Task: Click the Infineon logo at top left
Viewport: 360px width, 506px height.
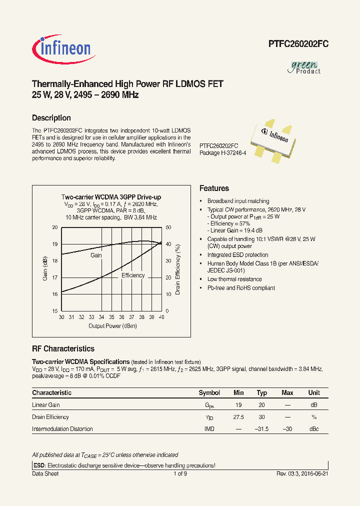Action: [x=61, y=48]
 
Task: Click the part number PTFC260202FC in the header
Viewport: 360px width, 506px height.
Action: [x=298, y=44]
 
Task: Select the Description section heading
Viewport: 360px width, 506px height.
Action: [x=51, y=118]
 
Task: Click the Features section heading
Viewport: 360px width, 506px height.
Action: [x=214, y=188]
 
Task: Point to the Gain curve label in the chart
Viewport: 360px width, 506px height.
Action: [x=96, y=255]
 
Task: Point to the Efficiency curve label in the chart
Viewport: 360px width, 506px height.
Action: [x=133, y=275]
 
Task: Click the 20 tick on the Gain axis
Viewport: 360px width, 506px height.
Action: [x=54, y=227]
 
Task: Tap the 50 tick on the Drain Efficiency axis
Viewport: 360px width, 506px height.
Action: [x=168, y=227]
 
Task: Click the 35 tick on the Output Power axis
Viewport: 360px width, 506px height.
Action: [x=111, y=317]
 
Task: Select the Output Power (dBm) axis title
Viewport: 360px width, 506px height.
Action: [x=112, y=326]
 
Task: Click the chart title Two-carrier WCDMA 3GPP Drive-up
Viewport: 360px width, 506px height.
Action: [x=111, y=197]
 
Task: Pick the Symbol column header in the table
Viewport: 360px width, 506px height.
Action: [x=209, y=393]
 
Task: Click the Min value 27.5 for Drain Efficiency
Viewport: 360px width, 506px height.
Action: [x=238, y=417]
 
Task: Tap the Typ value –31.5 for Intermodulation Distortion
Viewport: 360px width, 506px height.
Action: [x=262, y=429]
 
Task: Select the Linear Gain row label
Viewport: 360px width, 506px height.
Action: [x=46, y=405]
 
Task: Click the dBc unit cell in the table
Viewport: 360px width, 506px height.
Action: [x=313, y=429]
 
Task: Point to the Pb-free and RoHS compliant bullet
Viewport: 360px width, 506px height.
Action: [x=241, y=288]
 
